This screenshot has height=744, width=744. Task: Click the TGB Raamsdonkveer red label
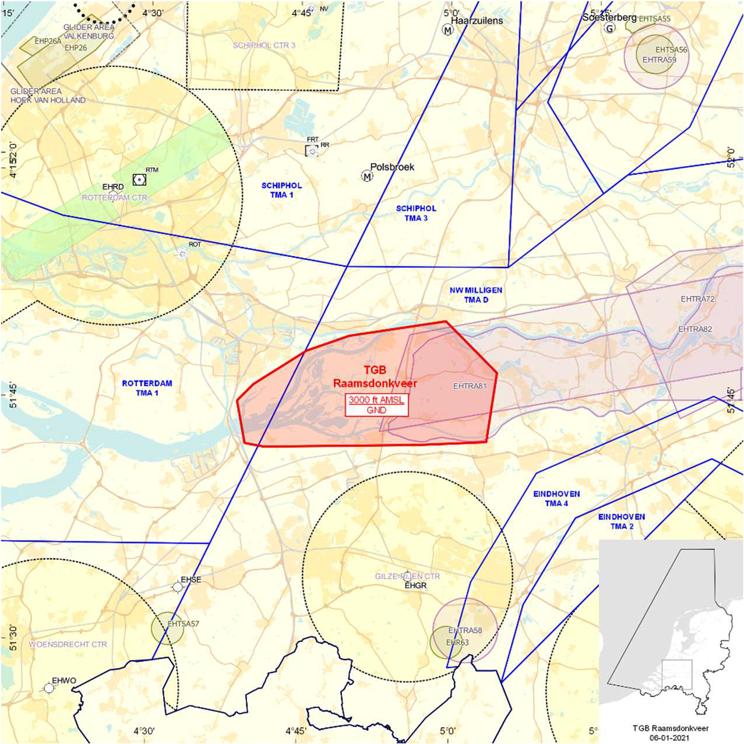(375, 376)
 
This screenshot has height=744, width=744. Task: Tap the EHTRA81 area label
(470, 386)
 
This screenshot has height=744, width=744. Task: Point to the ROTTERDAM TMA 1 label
(147, 388)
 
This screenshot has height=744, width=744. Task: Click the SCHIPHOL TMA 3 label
(416, 213)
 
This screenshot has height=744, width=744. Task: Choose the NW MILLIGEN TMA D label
(476, 295)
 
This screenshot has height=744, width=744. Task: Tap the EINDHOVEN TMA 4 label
(556, 498)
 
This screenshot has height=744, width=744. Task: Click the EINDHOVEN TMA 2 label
(622, 521)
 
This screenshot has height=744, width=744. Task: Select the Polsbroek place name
(392, 167)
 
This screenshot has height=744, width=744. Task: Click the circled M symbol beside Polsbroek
(367, 176)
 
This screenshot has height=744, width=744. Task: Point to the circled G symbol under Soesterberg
(609, 28)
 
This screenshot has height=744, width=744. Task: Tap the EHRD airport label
(113, 187)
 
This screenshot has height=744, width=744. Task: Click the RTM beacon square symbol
(139, 179)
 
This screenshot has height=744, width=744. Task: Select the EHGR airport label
(415, 585)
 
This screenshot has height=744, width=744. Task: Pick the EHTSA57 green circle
(168, 628)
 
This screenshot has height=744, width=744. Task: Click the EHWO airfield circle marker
(49, 688)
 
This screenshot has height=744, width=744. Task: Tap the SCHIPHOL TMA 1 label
(281, 190)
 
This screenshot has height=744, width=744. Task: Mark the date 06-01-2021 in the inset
(671, 737)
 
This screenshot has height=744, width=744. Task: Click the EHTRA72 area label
(697, 299)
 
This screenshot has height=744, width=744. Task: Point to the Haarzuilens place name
(477, 20)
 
